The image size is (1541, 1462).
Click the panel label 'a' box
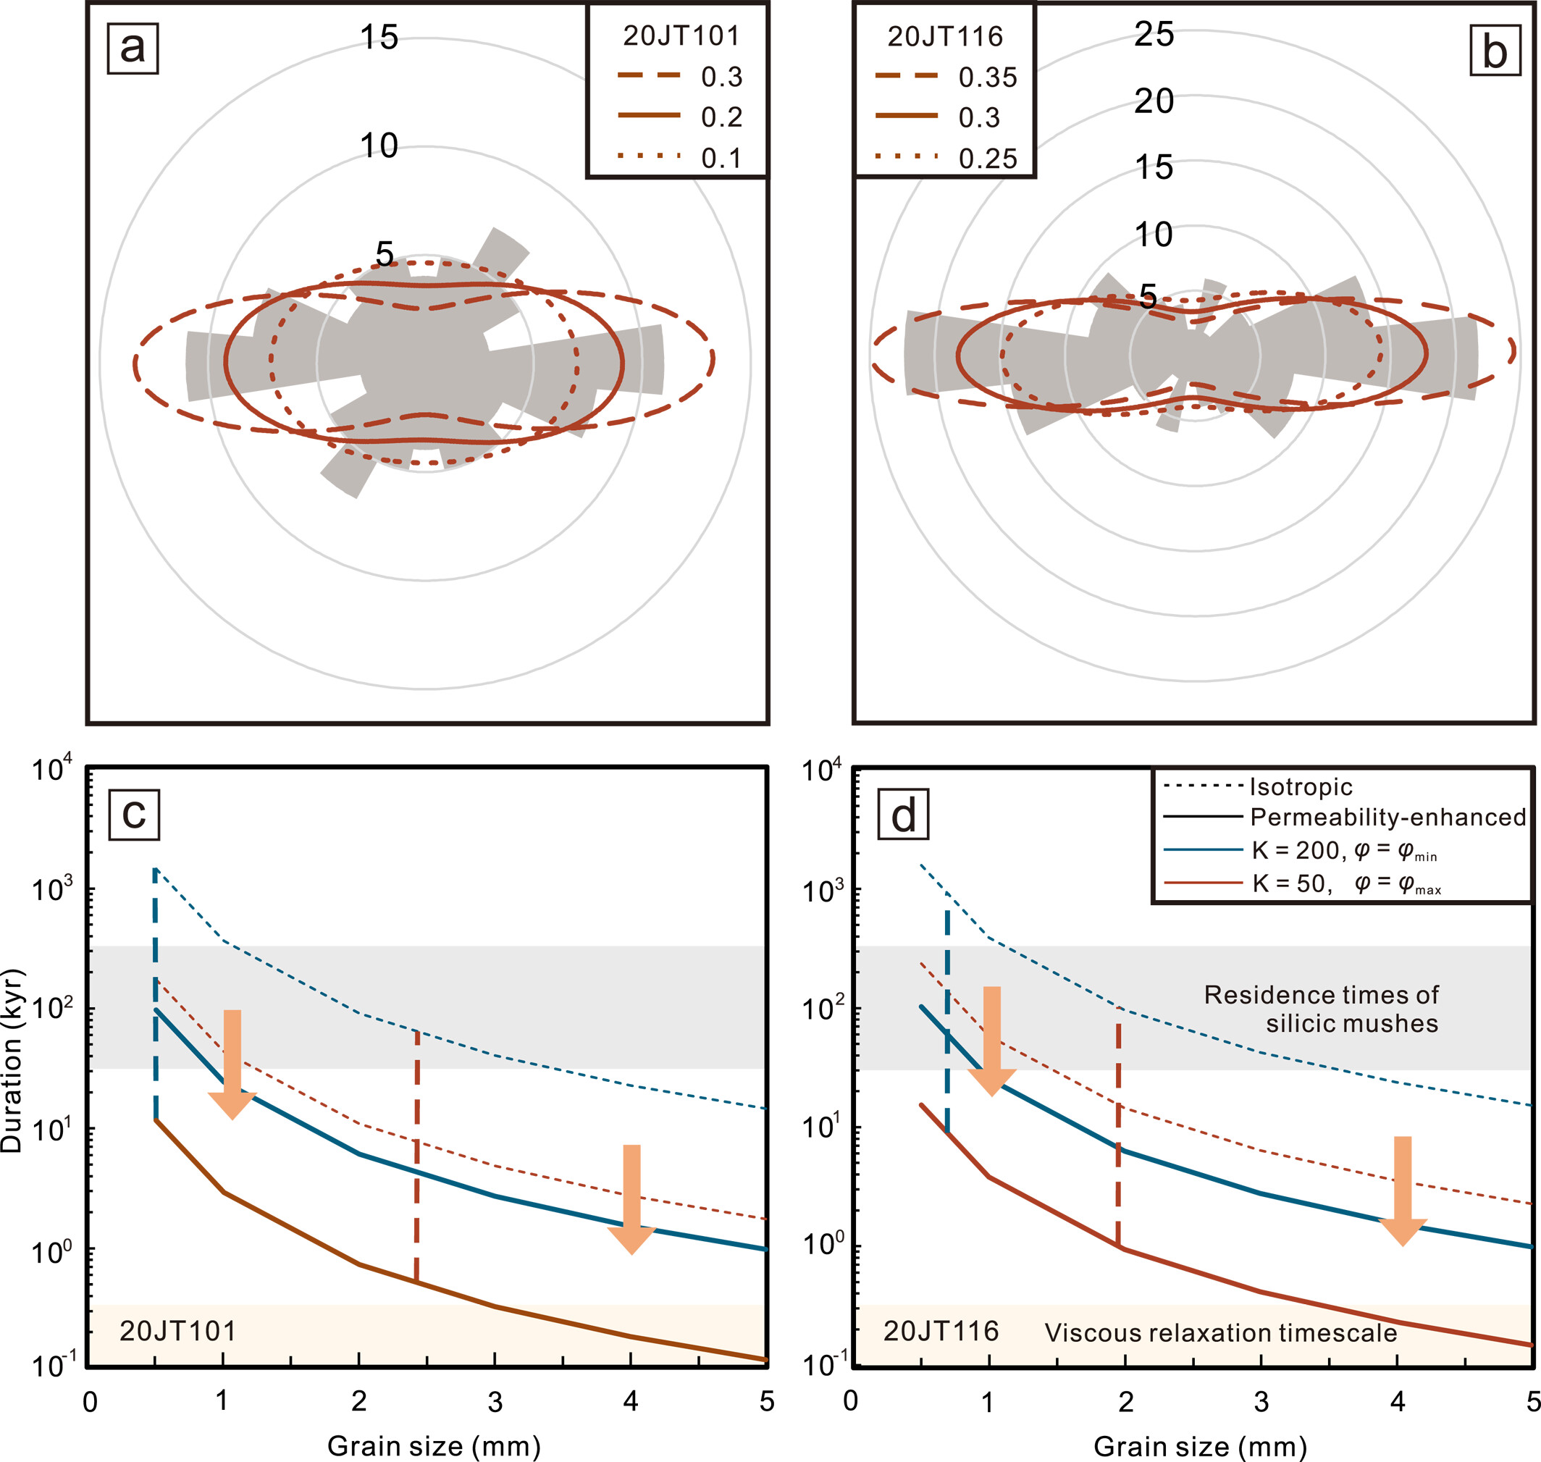tap(133, 49)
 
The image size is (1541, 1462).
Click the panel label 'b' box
tap(1494, 51)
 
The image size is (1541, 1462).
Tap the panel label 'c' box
tap(134, 815)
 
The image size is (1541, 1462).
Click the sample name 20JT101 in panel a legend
tap(681, 36)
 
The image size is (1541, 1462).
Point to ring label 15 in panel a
tap(379, 38)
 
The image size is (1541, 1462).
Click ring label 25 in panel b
tap(1154, 34)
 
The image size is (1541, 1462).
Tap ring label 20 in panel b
tap(1154, 101)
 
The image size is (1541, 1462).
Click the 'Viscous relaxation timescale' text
tap(1221, 1332)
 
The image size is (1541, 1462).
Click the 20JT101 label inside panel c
tap(177, 1330)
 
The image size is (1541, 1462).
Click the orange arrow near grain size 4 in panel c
tap(631, 1197)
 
